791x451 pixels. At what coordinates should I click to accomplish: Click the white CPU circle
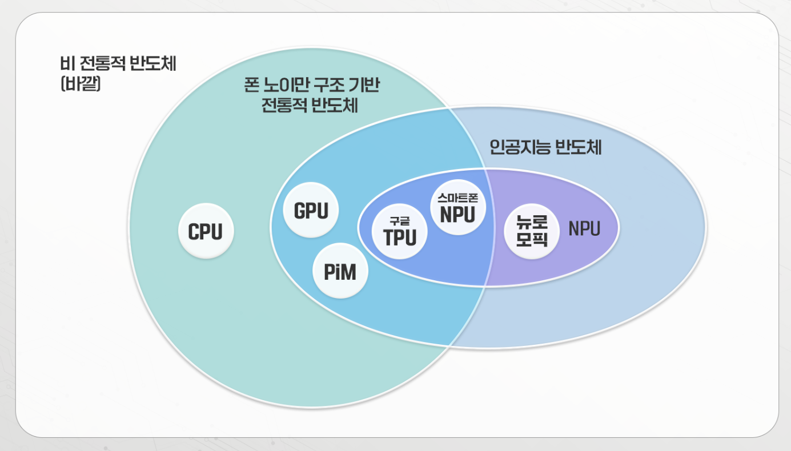[206, 232]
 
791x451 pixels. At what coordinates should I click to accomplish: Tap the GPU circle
[311, 211]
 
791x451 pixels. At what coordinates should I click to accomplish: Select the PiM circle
[340, 272]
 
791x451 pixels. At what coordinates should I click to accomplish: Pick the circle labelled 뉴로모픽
[532, 231]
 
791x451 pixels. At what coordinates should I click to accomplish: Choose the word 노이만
[286, 86]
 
